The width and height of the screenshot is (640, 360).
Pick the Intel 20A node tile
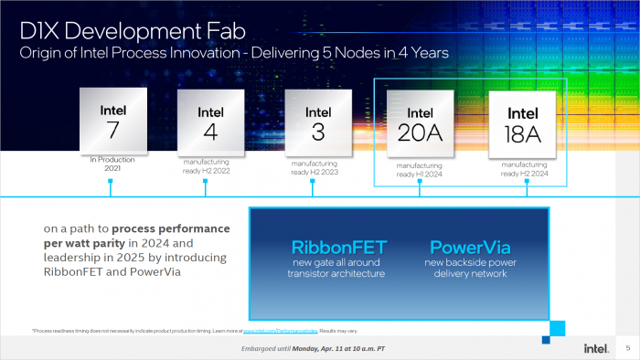[421, 124]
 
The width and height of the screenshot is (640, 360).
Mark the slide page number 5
[627, 348]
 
